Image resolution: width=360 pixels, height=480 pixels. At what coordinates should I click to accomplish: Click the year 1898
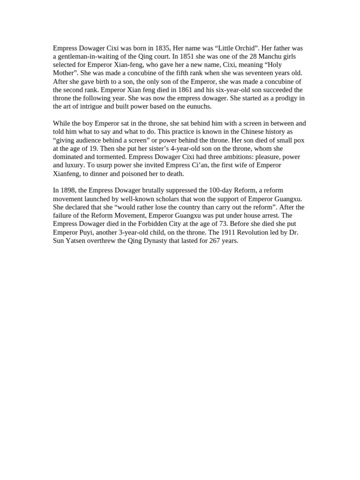[68, 190]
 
